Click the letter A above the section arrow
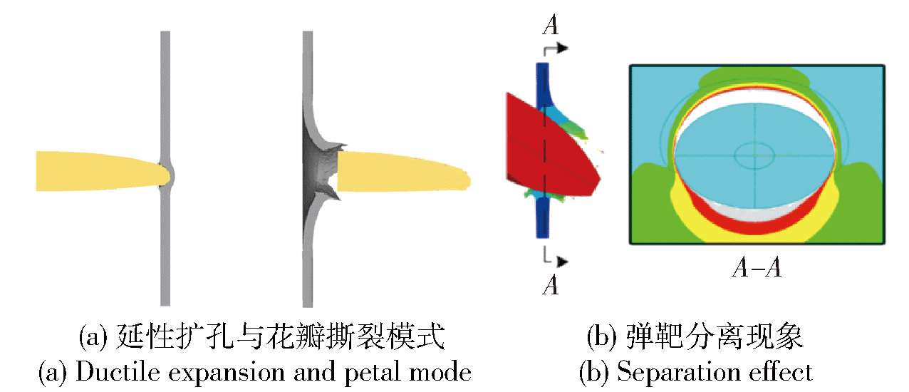coord(551,25)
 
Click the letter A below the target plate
coord(551,284)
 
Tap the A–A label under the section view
coord(757,268)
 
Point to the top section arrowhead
coord(563,48)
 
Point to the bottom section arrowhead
coord(562,262)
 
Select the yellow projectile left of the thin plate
coord(103,171)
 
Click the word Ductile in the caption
coord(118,372)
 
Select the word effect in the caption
coord(781,371)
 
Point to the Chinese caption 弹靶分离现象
coord(715,336)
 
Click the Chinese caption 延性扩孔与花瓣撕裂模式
coord(281,336)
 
